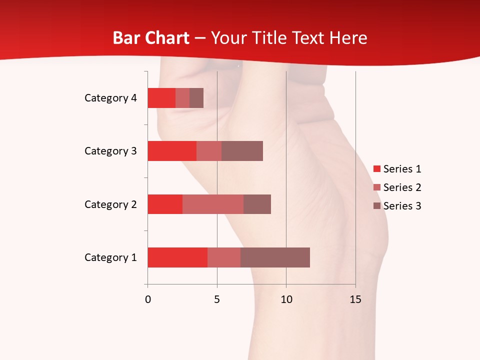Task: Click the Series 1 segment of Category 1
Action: click(x=177, y=257)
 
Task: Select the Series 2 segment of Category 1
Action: click(x=224, y=257)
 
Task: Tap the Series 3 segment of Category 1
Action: click(x=275, y=257)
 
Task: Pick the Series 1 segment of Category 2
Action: click(x=165, y=204)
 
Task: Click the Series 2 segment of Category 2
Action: click(x=213, y=204)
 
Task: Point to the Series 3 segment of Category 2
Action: click(x=257, y=204)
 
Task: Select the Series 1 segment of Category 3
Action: click(x=172, y=151)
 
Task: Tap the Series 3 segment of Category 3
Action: click(x=242, y=151)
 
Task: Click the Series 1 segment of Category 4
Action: click(x=161, y=98)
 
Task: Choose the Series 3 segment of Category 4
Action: click(x=196, y=98)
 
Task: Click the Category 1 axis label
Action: click(x=110, y=257)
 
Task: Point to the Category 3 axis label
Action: click(x=110, y=151)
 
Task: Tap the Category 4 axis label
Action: click(x=110, y=98)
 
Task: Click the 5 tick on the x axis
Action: click(x=217, y=299)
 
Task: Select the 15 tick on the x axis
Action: click(x=355, y=299)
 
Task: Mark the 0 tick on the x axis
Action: click(x=147, y=299)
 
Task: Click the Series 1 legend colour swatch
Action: click(x=377, y=169)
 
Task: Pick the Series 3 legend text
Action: click(x=402, y=206)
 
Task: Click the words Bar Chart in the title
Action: click(x=151, y=37)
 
